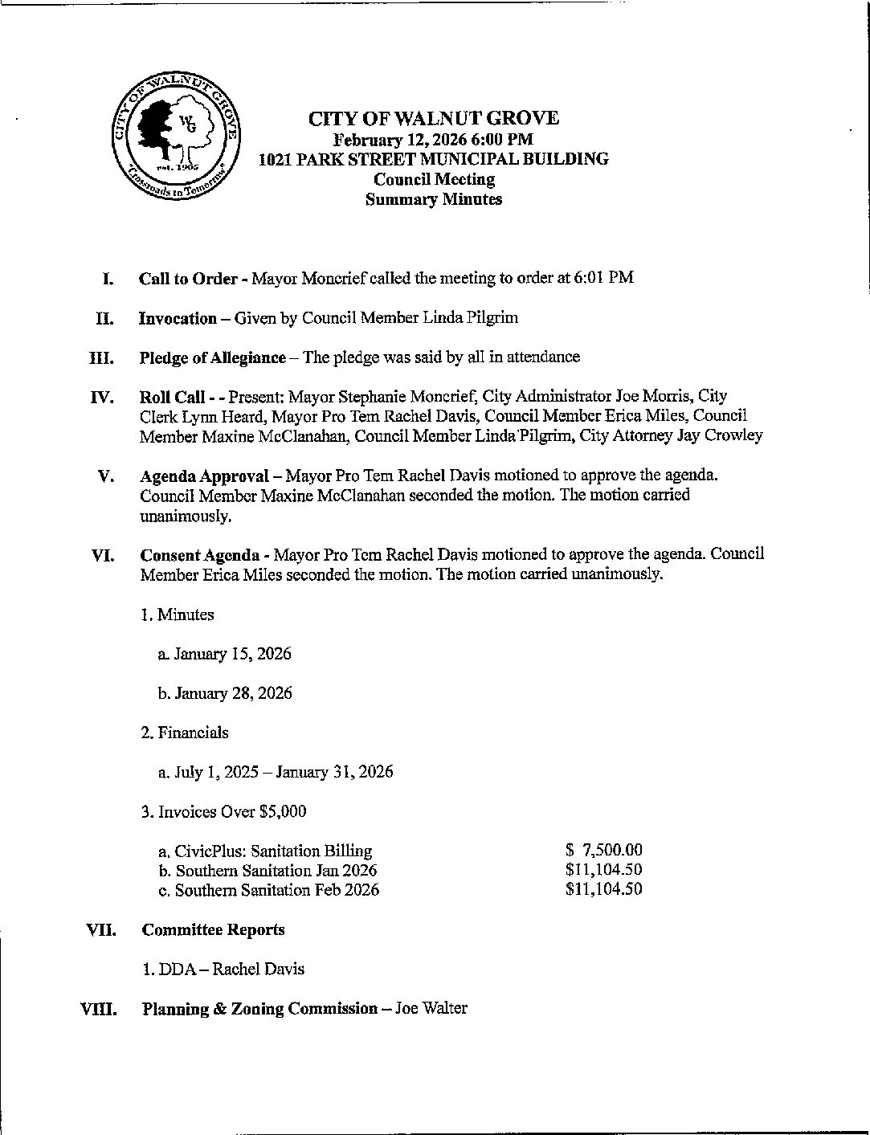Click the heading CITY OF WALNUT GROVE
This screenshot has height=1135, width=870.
pos(434,119)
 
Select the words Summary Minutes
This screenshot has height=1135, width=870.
pos(434,200)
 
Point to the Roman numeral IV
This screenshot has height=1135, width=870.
pos(102,397)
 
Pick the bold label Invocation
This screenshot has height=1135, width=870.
pos(178,318)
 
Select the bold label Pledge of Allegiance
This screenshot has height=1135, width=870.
pos(212,357)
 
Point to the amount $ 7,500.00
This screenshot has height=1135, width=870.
pos(604,851)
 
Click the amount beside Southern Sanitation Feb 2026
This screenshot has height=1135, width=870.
pos(604,889)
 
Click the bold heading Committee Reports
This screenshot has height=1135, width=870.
pos(213,930)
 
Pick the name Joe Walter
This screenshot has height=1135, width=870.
pos(431,1009)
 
